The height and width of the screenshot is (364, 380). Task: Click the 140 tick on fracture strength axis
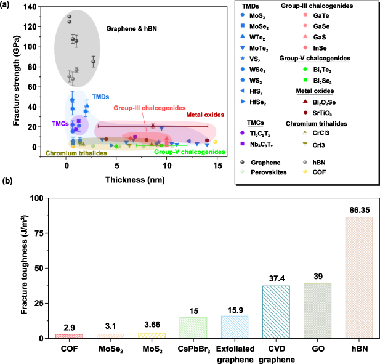point(41,7)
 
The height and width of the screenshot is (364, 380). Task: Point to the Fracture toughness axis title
point(25,268)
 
